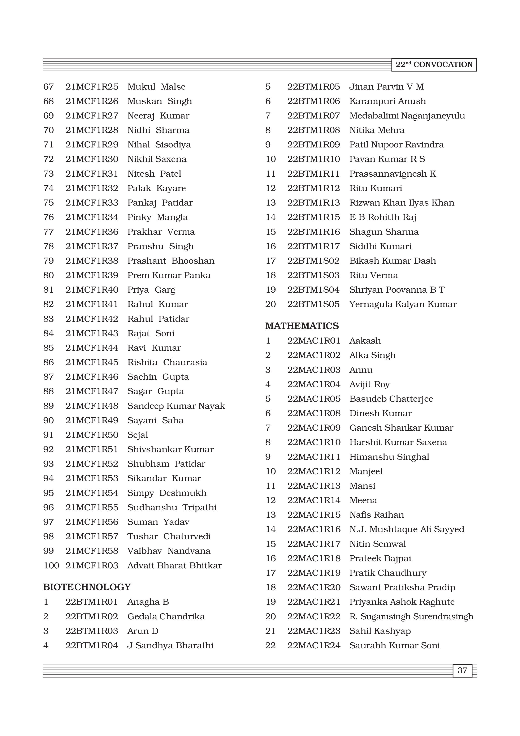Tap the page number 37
(462, 670)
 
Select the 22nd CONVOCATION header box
(434, 65)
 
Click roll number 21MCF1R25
(92, 87)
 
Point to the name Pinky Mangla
(158, 217)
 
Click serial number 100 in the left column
(51, 565)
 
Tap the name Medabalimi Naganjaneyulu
(407, 116)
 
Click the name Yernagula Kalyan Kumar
(403, 304)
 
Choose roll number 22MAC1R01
(314, 341)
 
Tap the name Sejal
(138, 435)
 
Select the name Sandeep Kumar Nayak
(176, 406)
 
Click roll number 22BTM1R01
(92, 602)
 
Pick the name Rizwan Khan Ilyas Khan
(402, 203)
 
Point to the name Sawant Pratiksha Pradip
(402, 587)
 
